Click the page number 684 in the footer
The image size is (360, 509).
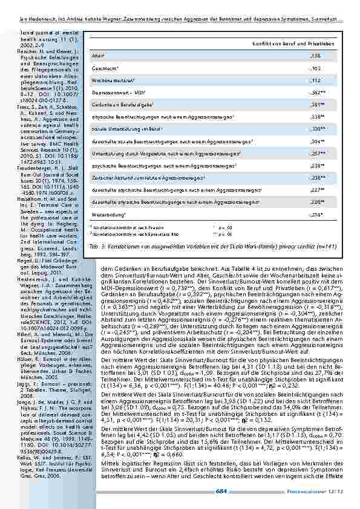click(x=221, y=492)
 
